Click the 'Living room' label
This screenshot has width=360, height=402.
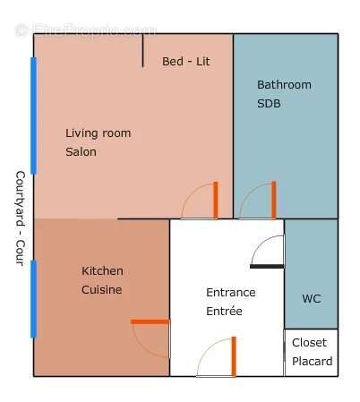pyautogui.click(x=98, y=133)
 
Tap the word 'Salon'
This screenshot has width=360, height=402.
pyautogui.click(x=81, y=152)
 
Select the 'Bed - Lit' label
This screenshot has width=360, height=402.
pyautogui.click(x=185, y=62)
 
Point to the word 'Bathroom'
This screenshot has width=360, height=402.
pyautogui.click(x=284, y=85)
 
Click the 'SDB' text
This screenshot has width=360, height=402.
pyautogui.click(x=269, y=104)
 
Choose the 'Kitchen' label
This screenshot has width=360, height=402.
pyautogui.click(x=102, y=271)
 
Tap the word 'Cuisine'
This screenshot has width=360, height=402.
pyautogui.click(x=101, y=290)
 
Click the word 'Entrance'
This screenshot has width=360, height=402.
pyautogui.click(x=230, y=293)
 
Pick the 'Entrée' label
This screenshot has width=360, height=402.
pyautogui.click(x=224, y=312)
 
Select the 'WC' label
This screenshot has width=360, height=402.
pyautogui.click(x=311, y=298)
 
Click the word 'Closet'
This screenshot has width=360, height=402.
pyautogui.click(x=309, y=343)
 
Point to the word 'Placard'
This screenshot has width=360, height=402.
pyautogui.click(x=312, y=362)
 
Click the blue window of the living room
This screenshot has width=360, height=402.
pyautogui.click(x=34, y=115)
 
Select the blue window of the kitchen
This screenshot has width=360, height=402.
pyautogui.click(x=34, y=299)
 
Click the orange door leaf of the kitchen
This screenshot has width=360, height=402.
pyautogui.click(x=150, y=321)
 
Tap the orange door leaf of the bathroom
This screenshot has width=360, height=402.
pyautogui.click(x=274, y=200)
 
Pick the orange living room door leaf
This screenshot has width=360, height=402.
pyautogui.click(x=216, y=200)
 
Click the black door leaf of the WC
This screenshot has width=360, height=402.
pyautogui.click(x=267, y=266)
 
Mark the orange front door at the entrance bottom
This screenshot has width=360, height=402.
pyautogui.click(x=234, y=356)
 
